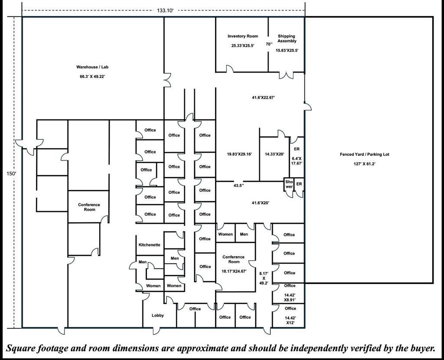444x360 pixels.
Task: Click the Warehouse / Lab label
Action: [x=91, y=67]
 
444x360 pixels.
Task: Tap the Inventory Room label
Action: [x=243, y=36]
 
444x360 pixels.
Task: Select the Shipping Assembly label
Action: [x=287, y=39]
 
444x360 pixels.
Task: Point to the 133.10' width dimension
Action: [x=165, y=11]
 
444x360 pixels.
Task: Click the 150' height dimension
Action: [x=11, y=173]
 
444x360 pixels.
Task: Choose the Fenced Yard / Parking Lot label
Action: [x=364, y=154]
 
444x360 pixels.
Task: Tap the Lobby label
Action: [x=158, y=315]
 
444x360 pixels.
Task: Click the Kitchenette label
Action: [x=149, y=245]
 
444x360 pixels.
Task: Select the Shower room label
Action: [x=289, y=185]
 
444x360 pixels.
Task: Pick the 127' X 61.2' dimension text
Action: [x=364, y=164]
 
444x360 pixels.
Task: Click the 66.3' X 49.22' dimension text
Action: [x=91, y=76]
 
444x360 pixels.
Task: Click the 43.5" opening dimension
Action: [x=238, y=185]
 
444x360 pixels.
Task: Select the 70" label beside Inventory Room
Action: [x=269, y=44]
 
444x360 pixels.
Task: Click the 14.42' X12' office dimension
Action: [x=290, y=320]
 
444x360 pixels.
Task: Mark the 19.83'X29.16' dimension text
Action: [x=239, y=154]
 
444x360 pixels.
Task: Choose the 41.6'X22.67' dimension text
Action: [x=263, y=98]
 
